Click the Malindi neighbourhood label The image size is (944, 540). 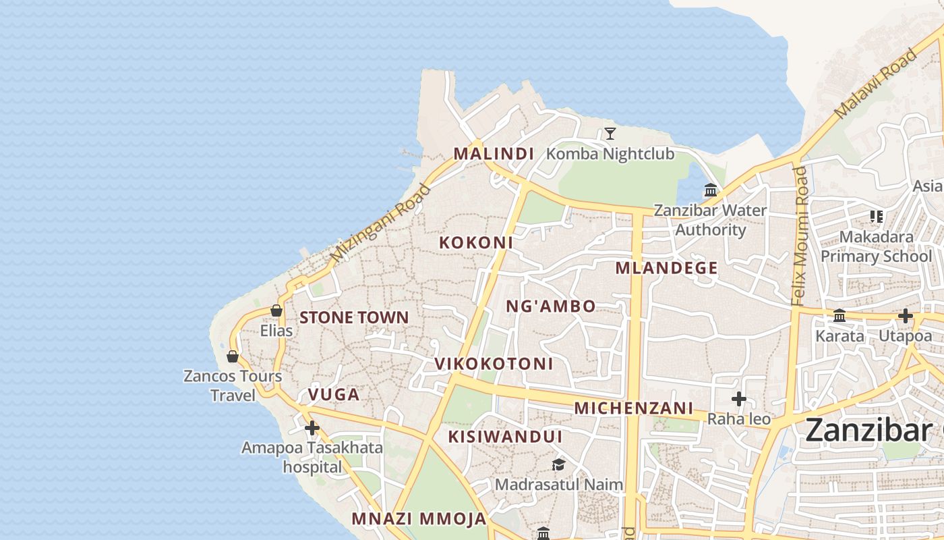tap(494, 154)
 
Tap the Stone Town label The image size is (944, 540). tap(354, 317)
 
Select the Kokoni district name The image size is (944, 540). tap(476, 242)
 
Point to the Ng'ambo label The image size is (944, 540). tap(551, 306)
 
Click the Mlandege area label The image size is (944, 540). tap(666, 268)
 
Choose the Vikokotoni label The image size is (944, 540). tap(494, 364)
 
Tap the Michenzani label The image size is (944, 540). tap(633, 408)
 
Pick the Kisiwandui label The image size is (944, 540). tap(505, 437)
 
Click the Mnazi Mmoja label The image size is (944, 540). tap(419, 519)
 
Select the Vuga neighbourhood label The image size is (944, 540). tap(334, 394)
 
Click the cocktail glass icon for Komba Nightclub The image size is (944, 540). tap(610, 134)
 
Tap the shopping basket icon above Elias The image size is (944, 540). tap(276, 310)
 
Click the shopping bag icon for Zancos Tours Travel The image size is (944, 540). tap(233, 356)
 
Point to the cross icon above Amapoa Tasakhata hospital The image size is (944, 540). tap(312, 428)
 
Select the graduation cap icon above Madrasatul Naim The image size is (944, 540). tap(558, 464)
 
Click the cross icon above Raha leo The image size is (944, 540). tap(739, 399)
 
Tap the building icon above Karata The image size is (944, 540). tap(839, 315)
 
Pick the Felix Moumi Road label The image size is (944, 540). tap(800, 236)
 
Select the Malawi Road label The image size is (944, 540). tap(876, 82)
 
